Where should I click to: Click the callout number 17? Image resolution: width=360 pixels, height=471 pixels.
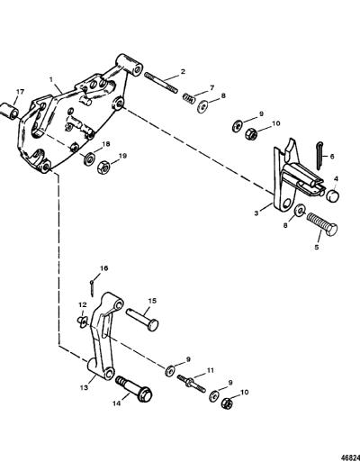point(20,92)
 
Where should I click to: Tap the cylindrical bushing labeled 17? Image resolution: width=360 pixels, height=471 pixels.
point(9,110)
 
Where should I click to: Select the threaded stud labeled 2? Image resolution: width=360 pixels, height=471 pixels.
point(160,83)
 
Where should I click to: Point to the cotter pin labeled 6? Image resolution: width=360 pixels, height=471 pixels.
point(319,155)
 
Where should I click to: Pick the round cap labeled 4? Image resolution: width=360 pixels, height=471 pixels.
point(332,196)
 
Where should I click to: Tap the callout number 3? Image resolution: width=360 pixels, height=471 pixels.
point(256,213)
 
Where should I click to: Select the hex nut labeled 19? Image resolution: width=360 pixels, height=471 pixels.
point(103,168)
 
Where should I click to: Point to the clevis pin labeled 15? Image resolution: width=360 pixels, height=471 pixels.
point(142,320)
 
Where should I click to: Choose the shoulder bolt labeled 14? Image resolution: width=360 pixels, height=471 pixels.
point(134,389)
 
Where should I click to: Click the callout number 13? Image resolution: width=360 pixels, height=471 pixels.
point(84,387)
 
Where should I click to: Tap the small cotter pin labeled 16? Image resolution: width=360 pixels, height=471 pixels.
point(92,287)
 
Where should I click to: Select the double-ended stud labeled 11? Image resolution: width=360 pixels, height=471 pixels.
point(192,384)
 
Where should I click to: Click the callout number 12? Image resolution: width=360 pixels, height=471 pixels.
point(83,305)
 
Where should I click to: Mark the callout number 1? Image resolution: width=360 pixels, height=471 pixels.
point(51,79)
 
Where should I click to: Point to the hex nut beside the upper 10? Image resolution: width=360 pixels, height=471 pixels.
point(252,134)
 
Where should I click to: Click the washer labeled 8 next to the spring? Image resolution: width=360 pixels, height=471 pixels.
point(202,106)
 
